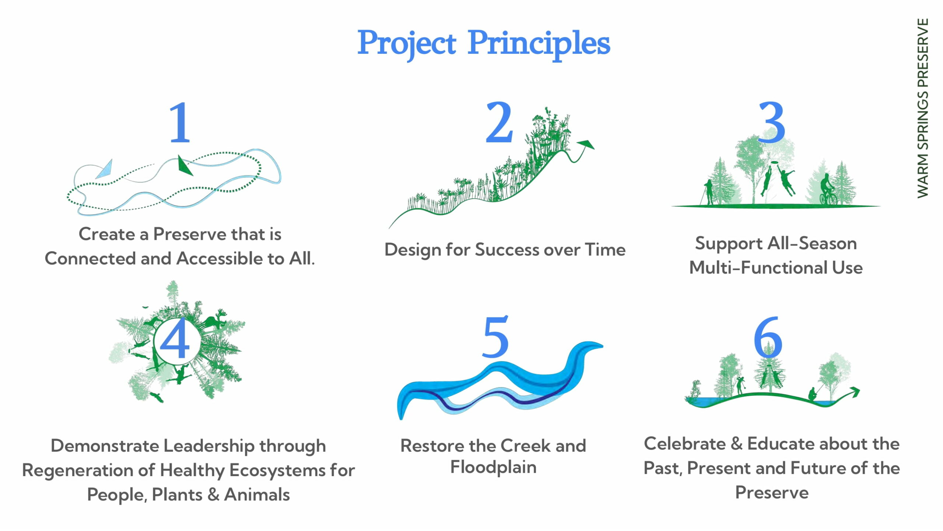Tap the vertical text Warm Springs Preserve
(922, 108)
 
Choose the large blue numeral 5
(495, 336)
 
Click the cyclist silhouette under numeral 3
(828, 189)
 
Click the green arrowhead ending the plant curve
(586, 144)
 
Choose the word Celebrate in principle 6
(685, 444)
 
